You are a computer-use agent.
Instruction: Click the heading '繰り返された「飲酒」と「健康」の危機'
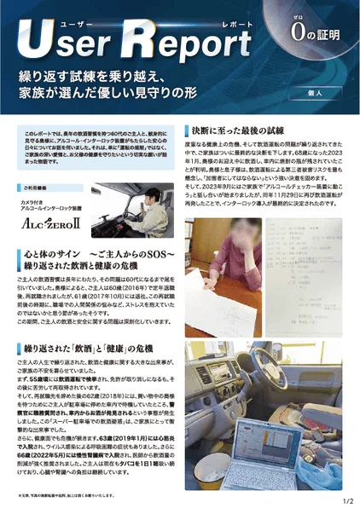(94, 349)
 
